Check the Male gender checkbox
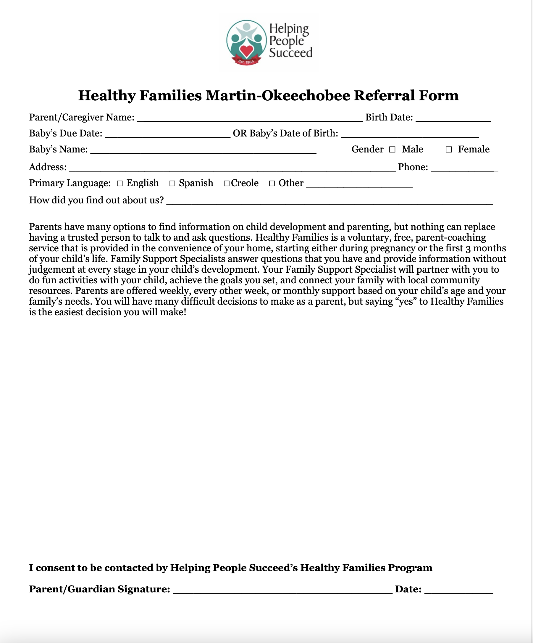[392, 150]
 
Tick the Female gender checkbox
[448, 150]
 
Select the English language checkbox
[119, 184]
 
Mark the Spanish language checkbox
[172, 184]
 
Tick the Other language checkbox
[272, 184]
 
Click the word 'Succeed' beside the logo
[290, 53]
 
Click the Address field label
[48, 167]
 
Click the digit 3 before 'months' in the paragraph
[468, 248]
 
